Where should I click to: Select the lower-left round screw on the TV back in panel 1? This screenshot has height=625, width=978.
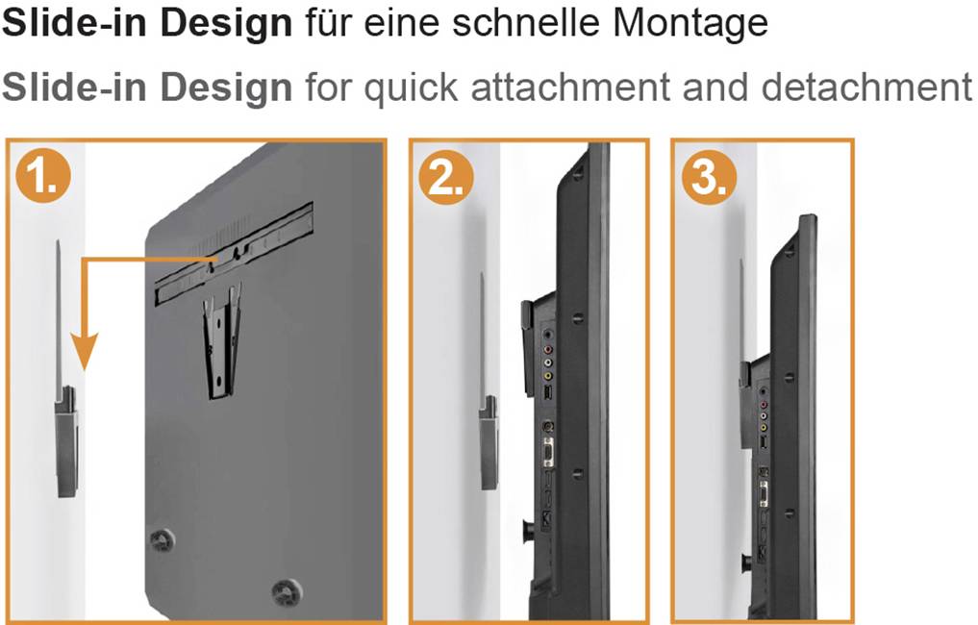(162, 539)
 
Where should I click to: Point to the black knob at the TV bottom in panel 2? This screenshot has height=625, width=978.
(528, 528)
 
